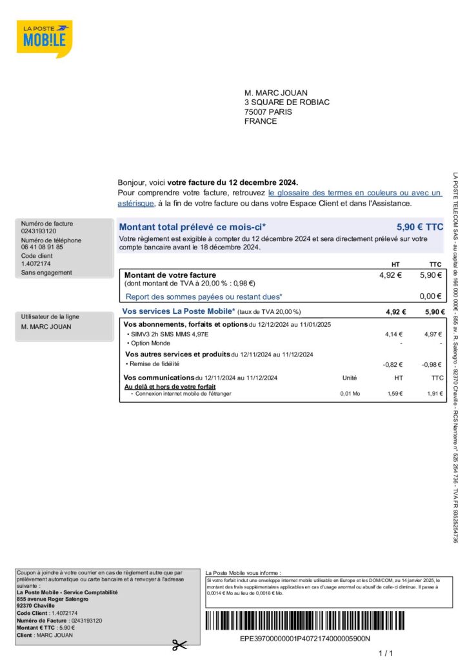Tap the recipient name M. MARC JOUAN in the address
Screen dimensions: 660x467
[x=276, y=93]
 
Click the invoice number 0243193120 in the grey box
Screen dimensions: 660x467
[x=39, y=231]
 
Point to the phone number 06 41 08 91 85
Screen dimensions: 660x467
[x=42, y=247]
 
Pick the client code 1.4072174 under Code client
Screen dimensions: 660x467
[x=35, y=263]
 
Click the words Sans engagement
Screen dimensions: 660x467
[x=46, y=273]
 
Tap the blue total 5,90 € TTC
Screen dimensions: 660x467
[x=420, y=227]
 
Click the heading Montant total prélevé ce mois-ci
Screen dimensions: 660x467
[x=192, y=227]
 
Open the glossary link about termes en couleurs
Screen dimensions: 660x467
[x=355, y=193]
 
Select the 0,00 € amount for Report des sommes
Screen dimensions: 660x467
[x=430, y=297]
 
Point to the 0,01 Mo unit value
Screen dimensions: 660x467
[x=350, y=393]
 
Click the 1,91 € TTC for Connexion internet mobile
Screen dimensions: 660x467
[x=435, y=393]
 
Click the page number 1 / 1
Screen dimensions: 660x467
[x=385, y=654]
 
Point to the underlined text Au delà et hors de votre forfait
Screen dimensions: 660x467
[x=170, y=387]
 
